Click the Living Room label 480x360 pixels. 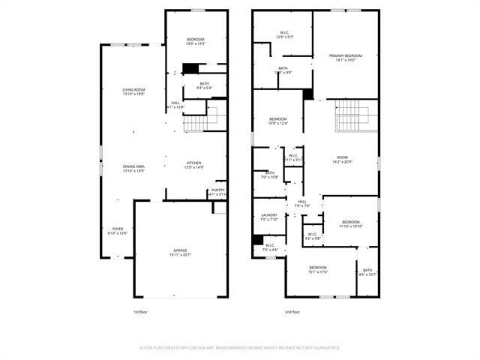click(x=133, y=90)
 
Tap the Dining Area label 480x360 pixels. click(x=133, y=167)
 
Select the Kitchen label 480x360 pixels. click(x=194, y=163)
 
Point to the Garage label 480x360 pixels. click(x=180, y=252)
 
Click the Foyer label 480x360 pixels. click(x=118, y=229)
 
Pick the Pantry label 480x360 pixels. click(x=217, y=190)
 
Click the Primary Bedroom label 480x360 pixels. click(x=345, y=55)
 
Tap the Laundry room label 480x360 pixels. click(x=269, y=215)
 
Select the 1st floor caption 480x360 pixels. click(x=139, y=312)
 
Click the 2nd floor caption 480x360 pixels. click(x=292, y=312)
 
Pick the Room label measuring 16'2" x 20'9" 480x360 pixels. click(x=343, y=158)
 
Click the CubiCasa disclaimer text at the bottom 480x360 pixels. click(x=240, y=347)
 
